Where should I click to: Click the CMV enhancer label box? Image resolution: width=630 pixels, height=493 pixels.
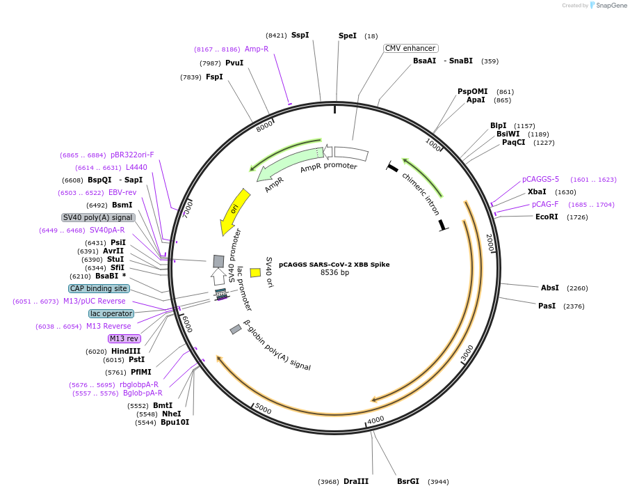tap(410, 48)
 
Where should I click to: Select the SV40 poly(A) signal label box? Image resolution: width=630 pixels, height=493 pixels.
tap(98, 217)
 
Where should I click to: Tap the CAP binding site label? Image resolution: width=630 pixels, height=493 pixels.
tap(99, 288)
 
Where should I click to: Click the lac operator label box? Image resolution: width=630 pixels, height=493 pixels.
tap(111, 313)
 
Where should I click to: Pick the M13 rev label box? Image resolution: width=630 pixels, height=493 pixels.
tap(124, 338)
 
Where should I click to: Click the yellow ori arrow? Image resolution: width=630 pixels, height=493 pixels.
tap(233, 211)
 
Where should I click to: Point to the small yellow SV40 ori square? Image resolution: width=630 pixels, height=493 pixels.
tap(255, 273)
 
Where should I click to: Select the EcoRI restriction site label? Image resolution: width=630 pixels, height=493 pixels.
tap(547, 217)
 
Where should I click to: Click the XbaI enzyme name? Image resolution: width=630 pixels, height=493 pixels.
tap(537, 191)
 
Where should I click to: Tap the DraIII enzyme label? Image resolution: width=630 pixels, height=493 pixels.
tap(356, 481)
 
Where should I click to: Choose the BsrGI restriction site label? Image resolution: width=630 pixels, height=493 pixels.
tap(408, 481)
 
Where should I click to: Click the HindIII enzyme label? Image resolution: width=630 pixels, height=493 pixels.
tap(126, 351)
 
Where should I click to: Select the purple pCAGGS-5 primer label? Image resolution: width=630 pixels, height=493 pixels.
tap(540, 179)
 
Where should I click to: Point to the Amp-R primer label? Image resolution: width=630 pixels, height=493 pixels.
tap(257, 49)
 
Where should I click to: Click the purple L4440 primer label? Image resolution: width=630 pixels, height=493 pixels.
tap(136, 167)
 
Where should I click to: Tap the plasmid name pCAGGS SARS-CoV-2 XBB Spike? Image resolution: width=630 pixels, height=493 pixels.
tap(334, 265)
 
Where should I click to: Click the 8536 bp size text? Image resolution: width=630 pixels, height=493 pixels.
tap(334, 273)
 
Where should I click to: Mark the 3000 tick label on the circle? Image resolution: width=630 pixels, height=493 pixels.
tap(467, 353)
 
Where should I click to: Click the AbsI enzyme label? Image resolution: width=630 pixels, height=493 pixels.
tap(550, 288)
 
